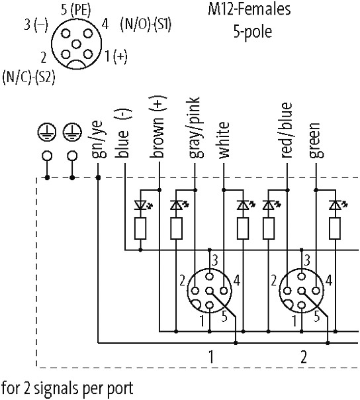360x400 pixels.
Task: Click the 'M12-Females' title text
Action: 249,9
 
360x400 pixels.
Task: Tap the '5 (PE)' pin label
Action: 75,9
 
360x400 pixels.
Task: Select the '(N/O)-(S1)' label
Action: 146,25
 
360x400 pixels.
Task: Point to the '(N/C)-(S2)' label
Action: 28,77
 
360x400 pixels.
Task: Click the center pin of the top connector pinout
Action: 76,44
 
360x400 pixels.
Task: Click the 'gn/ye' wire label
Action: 98,139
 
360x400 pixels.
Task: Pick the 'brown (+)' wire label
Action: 158,126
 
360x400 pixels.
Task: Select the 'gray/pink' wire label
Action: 196,128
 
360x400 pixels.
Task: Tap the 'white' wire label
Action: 224,140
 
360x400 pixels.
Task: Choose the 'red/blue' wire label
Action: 286,130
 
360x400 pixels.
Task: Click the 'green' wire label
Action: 316,140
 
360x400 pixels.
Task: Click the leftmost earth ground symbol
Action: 47,133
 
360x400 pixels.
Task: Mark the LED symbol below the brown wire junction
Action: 140,205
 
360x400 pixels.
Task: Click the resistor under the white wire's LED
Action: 243,228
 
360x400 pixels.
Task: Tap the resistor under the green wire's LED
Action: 335,228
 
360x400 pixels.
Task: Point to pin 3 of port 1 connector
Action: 210,276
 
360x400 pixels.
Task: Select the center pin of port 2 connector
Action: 302,291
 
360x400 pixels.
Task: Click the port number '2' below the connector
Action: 304,357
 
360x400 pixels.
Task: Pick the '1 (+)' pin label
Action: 116,56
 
